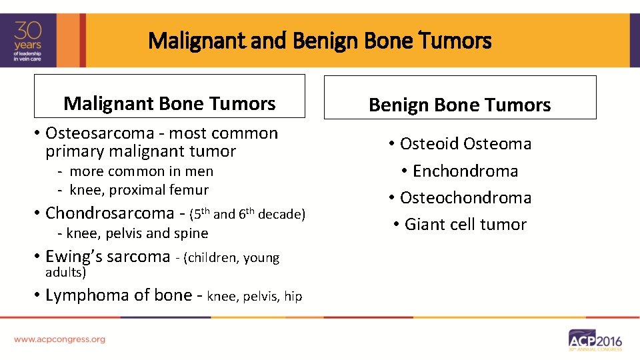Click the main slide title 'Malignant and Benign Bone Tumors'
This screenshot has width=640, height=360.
tap(320, 41)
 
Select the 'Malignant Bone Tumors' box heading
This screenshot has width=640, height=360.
tap(169, 103)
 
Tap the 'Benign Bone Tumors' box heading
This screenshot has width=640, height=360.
tap(459, 105)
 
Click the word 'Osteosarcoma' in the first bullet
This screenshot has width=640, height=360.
tap(90, 133)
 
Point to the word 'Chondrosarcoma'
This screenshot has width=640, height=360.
tap(109, 213)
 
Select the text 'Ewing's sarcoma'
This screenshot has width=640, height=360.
tap(107, 257)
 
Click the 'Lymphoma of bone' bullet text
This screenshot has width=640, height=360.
tap(118, 295)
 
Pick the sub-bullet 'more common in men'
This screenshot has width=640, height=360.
tap(141, 171)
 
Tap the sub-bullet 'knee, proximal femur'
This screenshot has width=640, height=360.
tap(139, 190)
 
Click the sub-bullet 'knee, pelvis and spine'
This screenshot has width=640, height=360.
tap(137, 233)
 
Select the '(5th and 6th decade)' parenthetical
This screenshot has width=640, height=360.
tap(247, 214)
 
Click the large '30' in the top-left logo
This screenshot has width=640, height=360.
tap(29, 30)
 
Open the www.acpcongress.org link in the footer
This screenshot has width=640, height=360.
tap(59, 339)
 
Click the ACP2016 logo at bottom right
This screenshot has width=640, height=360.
tap(595, 340)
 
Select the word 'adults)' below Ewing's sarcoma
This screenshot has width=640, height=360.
tap(66, 272)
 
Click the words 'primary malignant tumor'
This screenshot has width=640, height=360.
tap(141, 151)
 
